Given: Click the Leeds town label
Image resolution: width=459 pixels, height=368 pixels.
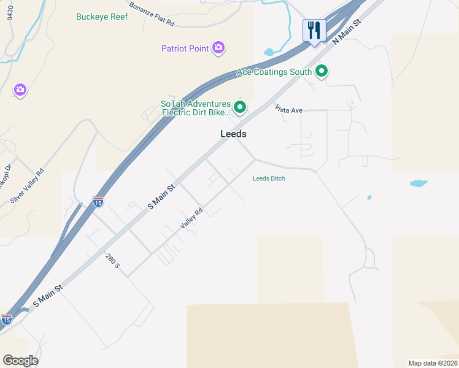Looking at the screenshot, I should point(233,134).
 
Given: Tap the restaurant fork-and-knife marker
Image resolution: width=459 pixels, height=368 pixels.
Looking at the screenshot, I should point(314,31).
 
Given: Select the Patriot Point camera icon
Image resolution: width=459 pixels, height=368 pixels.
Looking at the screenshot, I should point(218,48).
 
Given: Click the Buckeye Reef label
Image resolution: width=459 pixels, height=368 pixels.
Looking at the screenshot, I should point(102,17).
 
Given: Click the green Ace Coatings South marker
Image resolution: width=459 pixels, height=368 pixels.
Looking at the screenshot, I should point(321,72).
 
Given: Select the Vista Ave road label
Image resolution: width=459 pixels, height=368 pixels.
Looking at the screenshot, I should point(289,110).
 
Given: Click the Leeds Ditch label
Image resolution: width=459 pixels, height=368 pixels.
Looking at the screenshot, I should point(269,178).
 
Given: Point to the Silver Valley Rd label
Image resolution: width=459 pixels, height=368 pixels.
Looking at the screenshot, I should point(33,185).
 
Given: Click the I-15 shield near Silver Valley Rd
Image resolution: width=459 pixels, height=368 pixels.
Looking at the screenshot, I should point(98,201).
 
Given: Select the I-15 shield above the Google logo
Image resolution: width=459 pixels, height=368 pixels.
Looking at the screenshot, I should point(6,319).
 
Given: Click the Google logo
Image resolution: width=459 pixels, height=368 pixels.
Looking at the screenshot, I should point(20,361).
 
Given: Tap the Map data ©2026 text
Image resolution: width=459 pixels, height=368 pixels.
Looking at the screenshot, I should point(433,363).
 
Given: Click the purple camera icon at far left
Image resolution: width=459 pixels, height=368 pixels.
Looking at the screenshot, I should point(20,90).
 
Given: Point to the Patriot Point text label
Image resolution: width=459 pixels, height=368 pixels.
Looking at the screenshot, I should point(185,48).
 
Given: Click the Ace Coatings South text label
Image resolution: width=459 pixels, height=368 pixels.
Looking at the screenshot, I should point(274,72).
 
